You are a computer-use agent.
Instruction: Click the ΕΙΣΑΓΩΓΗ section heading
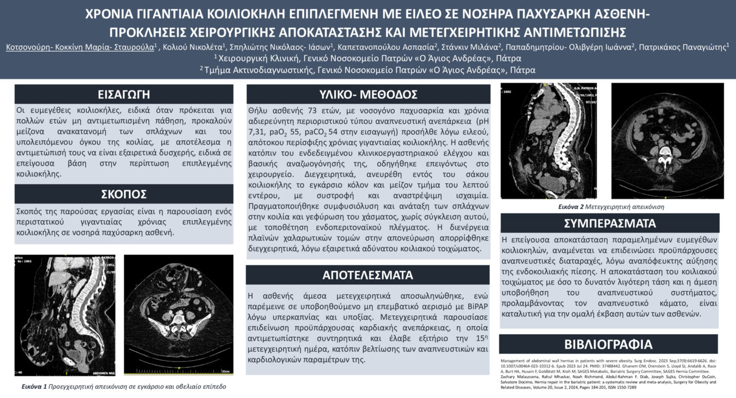click(x=124, y=93)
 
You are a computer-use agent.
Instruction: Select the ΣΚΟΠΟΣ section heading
click(x=124, y=194)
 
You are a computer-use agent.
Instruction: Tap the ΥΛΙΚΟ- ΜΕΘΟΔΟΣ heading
click(x=368, y=94)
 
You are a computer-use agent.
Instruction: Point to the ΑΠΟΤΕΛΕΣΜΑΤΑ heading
click(x=368, y=274)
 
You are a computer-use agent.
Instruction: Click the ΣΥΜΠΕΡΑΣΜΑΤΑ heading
click(x=610, y=224)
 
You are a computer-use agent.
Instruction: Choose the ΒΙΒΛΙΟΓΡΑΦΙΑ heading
click(x=608, y=345)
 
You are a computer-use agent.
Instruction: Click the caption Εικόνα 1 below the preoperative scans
click(x=120, y=387)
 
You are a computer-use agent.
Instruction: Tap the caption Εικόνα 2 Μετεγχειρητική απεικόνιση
click(x=611, y=207)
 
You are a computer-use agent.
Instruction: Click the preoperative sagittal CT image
click(x=65, y=315)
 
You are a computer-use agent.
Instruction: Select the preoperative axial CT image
click(x=178, y=315)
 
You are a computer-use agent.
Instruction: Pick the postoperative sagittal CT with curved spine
click(x=548, y=141)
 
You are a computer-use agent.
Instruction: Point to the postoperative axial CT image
click(x=667, y=141)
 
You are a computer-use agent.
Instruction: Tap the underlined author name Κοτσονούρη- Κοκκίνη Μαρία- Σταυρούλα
click(x=80, y=47)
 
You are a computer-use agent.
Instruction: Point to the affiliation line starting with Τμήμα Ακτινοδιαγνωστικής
click(x=368, y=70)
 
